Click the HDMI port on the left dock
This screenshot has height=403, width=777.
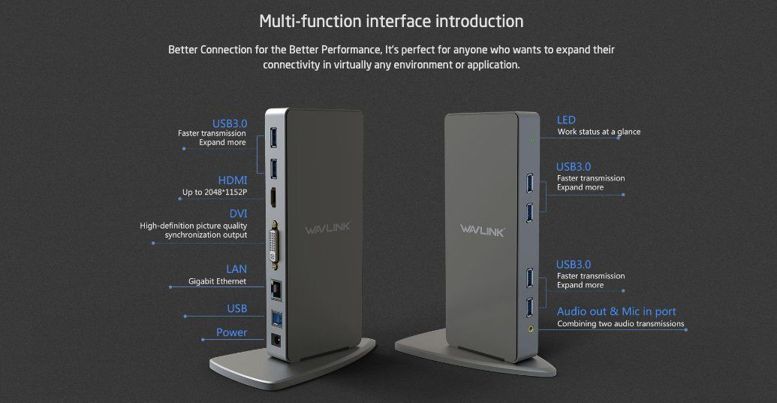[x=273, y=198]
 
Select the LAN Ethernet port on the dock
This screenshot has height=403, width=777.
[x=274, y=289]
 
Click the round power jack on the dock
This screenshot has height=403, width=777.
[x=276, y=341]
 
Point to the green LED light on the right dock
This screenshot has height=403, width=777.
[x=532, y=139]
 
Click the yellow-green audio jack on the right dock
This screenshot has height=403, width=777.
[x=532, y=328]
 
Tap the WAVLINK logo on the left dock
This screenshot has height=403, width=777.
[x=327, y=227]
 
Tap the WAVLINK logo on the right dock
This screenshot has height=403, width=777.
[x=482, y=230]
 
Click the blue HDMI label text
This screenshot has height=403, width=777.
[x=233, y=180]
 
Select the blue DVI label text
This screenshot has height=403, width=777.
[x=238, y=214]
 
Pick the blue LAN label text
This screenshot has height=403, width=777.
[x=236, y=269]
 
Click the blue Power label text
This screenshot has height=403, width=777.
[x=231, y=332]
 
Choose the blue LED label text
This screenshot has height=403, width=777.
[x=566, y=120]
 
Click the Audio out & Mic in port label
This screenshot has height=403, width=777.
[x=616, y=312]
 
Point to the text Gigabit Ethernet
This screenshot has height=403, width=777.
[x=217, y=281]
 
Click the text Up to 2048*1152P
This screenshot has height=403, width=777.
[x=215, y=192]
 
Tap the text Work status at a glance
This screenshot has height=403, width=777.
[x=598, y=132]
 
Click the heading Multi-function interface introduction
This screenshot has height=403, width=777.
[x=391, y=21]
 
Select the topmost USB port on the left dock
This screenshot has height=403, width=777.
[x=273, y=138]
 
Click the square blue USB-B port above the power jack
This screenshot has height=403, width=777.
[x=275, y=317]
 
